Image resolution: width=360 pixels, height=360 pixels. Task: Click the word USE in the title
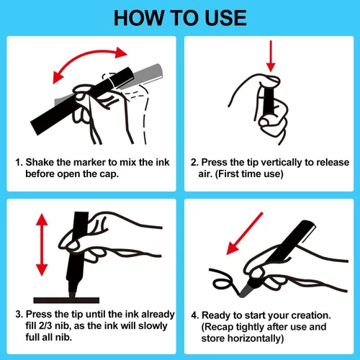click(226, 18)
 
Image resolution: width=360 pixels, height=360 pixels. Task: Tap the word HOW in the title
click(139, 18)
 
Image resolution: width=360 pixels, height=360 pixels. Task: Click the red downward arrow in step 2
click(271, 56)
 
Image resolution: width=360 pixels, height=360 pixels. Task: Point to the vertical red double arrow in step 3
click(42, 245)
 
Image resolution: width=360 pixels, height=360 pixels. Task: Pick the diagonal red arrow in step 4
click(245, 233)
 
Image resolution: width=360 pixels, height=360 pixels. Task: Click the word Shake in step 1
click(40, 162)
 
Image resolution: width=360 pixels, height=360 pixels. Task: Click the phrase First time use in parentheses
click(249, 174)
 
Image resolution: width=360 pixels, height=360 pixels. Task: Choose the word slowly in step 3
click(153, 326)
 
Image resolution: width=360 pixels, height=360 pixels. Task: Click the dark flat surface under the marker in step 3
click(66, 300)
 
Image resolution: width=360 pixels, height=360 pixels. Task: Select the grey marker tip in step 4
click(246, 291)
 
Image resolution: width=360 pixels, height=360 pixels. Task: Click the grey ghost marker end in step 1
click(149, 73)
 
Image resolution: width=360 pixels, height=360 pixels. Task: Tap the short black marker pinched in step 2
click(269, 101)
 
